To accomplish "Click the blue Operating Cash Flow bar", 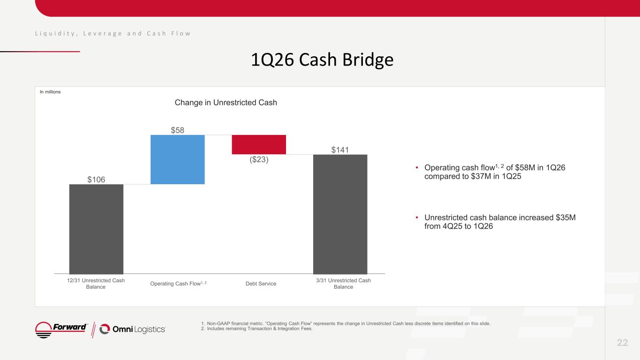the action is pyautogui.click(x=177, y=159).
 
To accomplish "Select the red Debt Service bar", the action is pyautogui.click(x=259, y=144).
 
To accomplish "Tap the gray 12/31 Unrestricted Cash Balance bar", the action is pyautogui.click(x=96, y=229).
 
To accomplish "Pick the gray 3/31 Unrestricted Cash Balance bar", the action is pyautogui.click(x=340, y=214).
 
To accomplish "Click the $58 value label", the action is pyautogui.click(x=177, y=130).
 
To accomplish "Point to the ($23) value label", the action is pyautogui.click(x=259, y=159).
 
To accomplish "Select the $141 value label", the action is pyautogui.click(x=340, y=150).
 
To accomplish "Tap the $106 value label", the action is pyautogui.click(x=96, y=180).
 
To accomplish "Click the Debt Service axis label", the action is pyautogui.click(x=261, y=284).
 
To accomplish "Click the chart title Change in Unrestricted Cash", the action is pyautogui.click(x=226, y=103).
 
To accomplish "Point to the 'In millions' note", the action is pyautogui.click(x=50, y=92).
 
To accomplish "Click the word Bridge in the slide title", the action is pyautogui.click(x=368, y=60).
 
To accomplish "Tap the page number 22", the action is pyautogui.click(x=622, y=343).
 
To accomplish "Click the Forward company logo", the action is pyautogui.click(x=61, y=330).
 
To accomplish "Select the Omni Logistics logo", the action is pyautogui.click(x=133, y=330).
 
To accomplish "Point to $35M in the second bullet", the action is pyautogui.click(x=566, y=217).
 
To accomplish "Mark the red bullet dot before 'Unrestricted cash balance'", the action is pyautogui.click(x=417, y=217).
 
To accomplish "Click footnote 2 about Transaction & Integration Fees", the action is pyautogui.click(x=257, y=329).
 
